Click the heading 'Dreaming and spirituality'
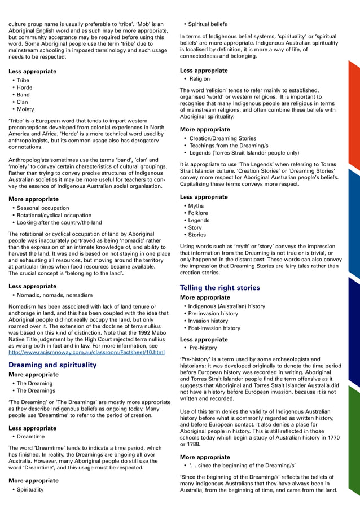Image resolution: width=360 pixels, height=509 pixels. click(x=52, y=365)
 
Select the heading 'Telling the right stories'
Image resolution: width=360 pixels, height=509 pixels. click(x=219, y=288)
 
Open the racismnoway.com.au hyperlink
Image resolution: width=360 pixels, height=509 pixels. click(x=86, y=353)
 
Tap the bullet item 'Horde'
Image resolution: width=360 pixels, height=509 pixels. click(x=24, y=87)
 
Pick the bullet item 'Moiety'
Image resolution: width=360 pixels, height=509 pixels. click(x=26, y=109)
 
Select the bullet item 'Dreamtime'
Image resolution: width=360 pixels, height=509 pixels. click(x=30, y=437)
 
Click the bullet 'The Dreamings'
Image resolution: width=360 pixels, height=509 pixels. click(x=36, y=390)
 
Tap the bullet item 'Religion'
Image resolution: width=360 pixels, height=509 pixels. click(x=199, y=79)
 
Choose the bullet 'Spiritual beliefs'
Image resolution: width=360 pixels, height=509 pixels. click(x=207, y=24)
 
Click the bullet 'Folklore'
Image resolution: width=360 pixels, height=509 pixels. click(x=197, y=213)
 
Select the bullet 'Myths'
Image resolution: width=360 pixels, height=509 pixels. click(x=196, y=206)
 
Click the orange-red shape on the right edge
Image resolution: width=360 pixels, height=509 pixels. click(x=353, y=113)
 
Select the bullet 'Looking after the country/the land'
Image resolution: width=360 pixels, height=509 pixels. click(x=59, y=222)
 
